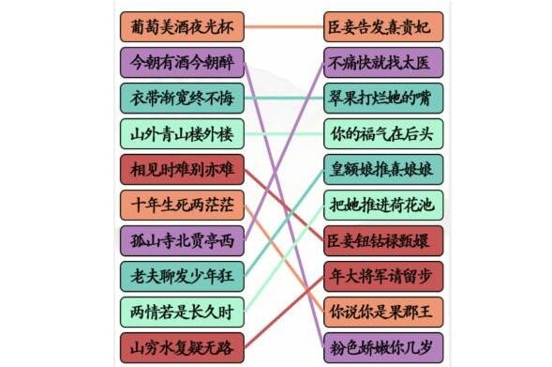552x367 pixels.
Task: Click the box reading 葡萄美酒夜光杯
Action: click(182, 26)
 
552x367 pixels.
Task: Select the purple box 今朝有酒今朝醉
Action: click(182, 62)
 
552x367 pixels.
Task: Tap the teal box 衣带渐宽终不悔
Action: click(182, 98)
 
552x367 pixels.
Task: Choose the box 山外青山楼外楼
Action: click(182, 133)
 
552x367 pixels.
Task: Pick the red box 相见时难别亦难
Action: click(182, 169)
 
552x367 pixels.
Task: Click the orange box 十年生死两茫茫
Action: click(182, 205)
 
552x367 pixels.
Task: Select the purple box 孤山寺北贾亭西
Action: click(182, 240)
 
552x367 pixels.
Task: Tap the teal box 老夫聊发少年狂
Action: click(182, 275)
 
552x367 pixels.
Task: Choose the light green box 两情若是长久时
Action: click(182, 311)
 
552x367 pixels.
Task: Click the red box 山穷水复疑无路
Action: click(182, 347)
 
